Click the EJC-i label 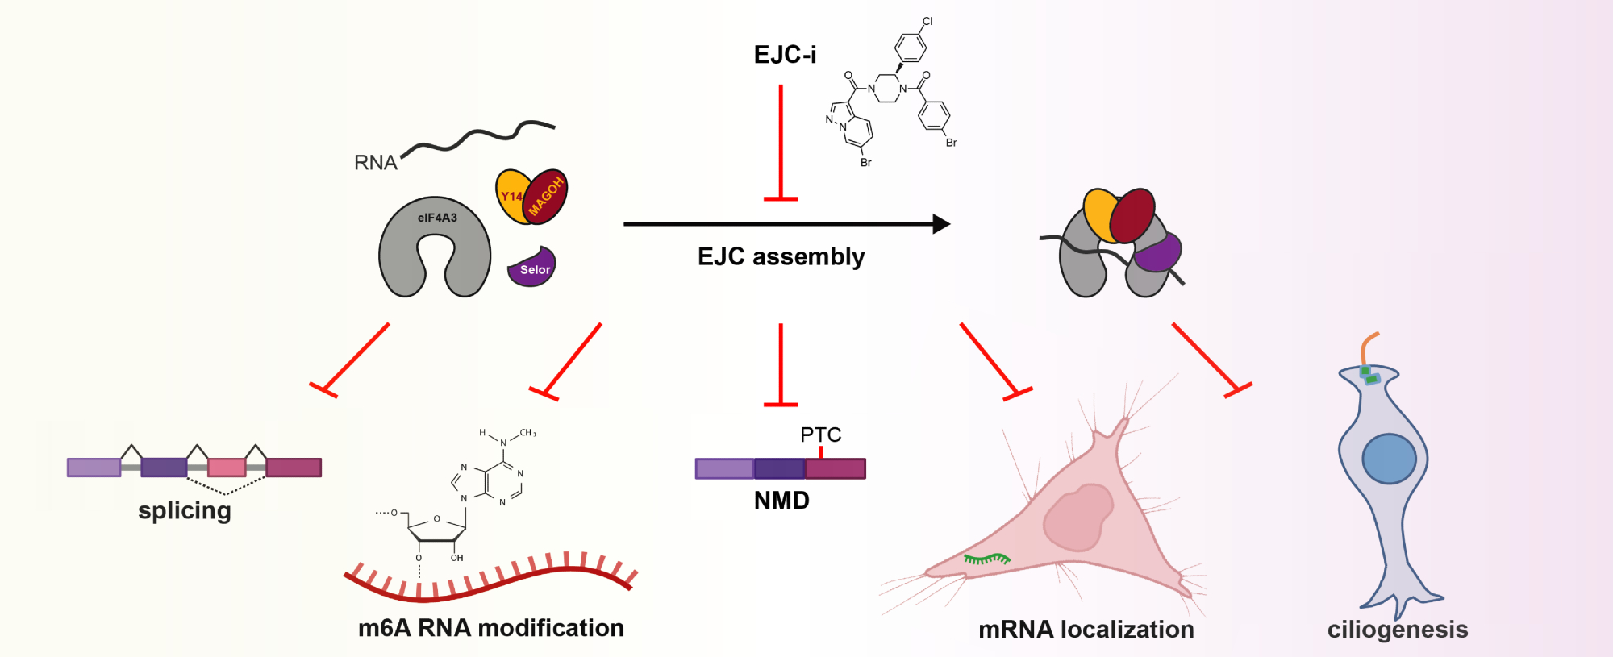coord(785,55)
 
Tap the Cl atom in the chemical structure coord(927,22)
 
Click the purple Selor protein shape coord(532,268)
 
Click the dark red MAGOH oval coord(547,196)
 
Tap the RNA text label coord(375,163)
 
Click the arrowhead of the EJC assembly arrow coord(940,224)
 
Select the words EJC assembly coord(781,256)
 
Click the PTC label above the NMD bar coord(820,435)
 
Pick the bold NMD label coord(781,501)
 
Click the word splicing coord(185,510)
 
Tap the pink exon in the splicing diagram coord(227,468)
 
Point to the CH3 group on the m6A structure coord(527,433)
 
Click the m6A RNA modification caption coord(490,628)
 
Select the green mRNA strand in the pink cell coord(986,558)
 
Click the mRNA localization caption coord(1086,630)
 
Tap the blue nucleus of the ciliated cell coord(1389,458)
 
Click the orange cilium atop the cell coord(1367,348)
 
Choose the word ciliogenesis coord(1397,630)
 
